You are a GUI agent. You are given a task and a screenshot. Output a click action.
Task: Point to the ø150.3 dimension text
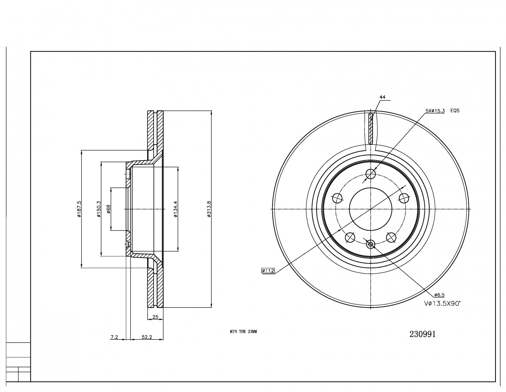click(99, 209)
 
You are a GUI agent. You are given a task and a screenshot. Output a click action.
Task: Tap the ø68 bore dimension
click(108, 209)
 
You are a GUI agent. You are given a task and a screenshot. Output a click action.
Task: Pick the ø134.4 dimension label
click(175, 209)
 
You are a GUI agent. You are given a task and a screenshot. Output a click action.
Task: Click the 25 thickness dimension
click(155, 317)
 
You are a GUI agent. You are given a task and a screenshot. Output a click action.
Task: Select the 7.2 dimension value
click(114, 337)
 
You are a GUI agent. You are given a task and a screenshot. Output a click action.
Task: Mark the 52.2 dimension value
click(147, 337)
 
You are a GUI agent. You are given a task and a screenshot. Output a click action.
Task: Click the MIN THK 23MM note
click(243, 332)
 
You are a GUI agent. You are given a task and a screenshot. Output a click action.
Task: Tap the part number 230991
click(422, 334)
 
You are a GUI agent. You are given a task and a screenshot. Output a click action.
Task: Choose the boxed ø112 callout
click(268, 270)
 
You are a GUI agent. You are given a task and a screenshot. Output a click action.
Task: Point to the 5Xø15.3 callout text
click(435, 110)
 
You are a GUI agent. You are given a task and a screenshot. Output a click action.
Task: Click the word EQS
click(455, 110)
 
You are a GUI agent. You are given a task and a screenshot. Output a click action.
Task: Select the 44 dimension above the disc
click(382, 97)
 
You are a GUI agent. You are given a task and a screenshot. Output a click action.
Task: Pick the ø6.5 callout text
click(439, 295)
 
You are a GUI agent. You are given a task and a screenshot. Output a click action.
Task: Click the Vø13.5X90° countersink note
click(442, 304)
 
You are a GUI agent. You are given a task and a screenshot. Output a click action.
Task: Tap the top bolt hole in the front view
click(371, 174)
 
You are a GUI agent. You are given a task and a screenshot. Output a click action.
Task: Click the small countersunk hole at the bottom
click(370, 244)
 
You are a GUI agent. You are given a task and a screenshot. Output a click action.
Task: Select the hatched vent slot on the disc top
click(370, 128)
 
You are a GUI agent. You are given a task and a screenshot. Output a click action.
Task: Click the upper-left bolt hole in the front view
click(338, 198)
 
